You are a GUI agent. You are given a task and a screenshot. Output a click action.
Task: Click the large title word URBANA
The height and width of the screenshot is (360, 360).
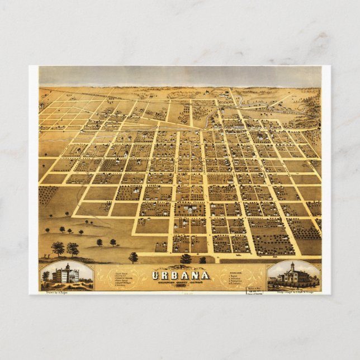[x=180, y=274]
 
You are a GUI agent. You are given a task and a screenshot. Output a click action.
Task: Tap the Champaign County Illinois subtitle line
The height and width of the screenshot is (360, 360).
[x=180, y=281]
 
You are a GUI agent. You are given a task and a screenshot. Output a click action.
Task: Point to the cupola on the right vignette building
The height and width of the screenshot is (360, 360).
[x=292, y=265]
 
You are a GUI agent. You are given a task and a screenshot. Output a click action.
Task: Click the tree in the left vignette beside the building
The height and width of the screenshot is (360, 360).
[x=46, y=276]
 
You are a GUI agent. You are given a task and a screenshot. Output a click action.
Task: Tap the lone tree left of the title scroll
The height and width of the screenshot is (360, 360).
[x=133, y=257]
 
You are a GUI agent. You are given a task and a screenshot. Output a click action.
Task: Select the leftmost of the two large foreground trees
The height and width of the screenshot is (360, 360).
[x=58, y=247]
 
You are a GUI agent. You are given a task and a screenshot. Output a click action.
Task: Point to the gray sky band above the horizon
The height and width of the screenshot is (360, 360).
[x=184, y=76]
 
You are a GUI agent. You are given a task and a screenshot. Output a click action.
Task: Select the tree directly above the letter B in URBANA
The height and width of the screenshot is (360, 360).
[x=185, y=259]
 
